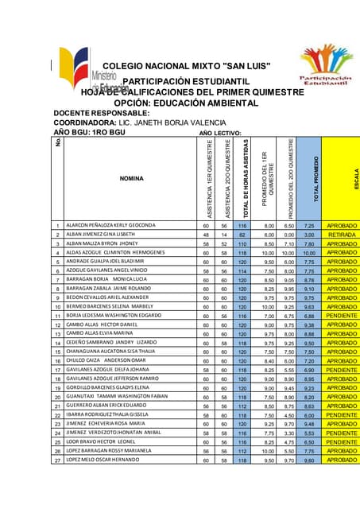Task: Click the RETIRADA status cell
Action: click(x=342, y=235)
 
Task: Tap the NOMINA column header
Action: click(x=131, y=178)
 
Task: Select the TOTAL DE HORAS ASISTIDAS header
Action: click(x=246, y=179)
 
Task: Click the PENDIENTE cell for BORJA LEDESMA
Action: click(x=342, y=316)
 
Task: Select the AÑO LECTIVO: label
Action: click(x=220, y=132)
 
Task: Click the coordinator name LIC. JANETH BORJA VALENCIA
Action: click(x=169, y=123)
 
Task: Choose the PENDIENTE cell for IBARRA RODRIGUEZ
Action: click(x=342, y=414)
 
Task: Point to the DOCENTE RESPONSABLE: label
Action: click(x=101, y=114)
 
